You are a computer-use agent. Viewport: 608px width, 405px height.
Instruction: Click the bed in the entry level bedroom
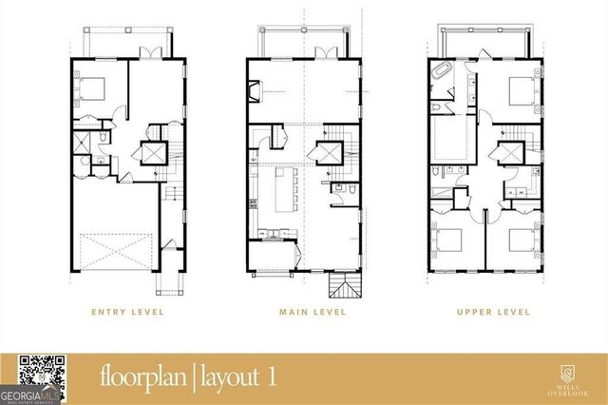[92, 89]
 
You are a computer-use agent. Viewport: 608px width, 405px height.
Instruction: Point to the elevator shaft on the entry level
[153, 153]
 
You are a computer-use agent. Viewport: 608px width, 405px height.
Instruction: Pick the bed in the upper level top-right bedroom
[519, 93]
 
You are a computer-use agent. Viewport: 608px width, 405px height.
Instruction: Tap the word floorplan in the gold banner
[142, 377]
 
